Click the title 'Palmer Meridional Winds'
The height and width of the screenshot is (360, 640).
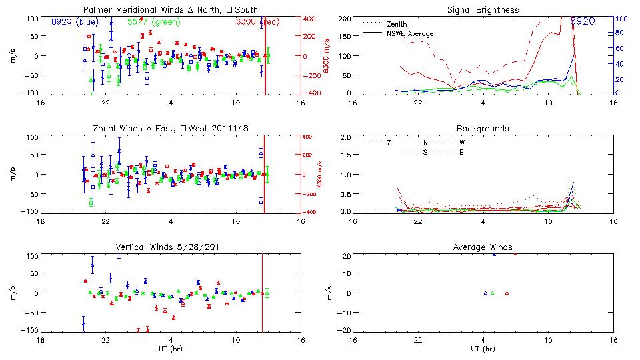pyautogui.click(x=128, y=10)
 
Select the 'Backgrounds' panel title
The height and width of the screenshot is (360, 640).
pyautogui.click(x=483, y=128)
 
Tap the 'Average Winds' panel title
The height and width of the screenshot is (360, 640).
pyautogui.click(x=483, y=247)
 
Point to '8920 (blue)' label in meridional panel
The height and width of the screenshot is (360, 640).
pyautogui.click(x=75, y=21)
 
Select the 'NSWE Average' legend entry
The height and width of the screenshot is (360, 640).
pyautogui.click(x=410, y=33)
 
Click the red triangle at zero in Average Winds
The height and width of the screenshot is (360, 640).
pyautogui.click(x=507, y=293)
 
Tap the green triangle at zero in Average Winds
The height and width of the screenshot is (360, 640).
pyautogui.click(x=492, y=293)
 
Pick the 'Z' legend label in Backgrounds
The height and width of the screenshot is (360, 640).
pyautogui.click(x=389, y=142)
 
